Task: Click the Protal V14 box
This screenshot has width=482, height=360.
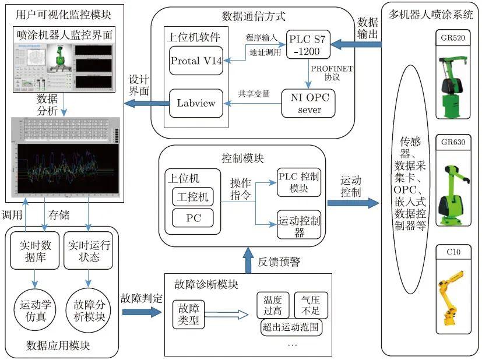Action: (x=196, y=61)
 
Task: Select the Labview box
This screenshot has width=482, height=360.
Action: (x=196, y=103)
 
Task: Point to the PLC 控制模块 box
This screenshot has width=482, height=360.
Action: (x=299, y=182)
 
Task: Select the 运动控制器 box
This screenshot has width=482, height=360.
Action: (x=299, y=225)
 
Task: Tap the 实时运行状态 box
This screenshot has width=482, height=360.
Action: (x=88, y=251)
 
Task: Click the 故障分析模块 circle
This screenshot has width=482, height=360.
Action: (x=88, y=310)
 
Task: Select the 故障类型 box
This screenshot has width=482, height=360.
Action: (x=188, y=315)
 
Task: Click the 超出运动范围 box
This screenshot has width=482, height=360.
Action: (x=291, y=327)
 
